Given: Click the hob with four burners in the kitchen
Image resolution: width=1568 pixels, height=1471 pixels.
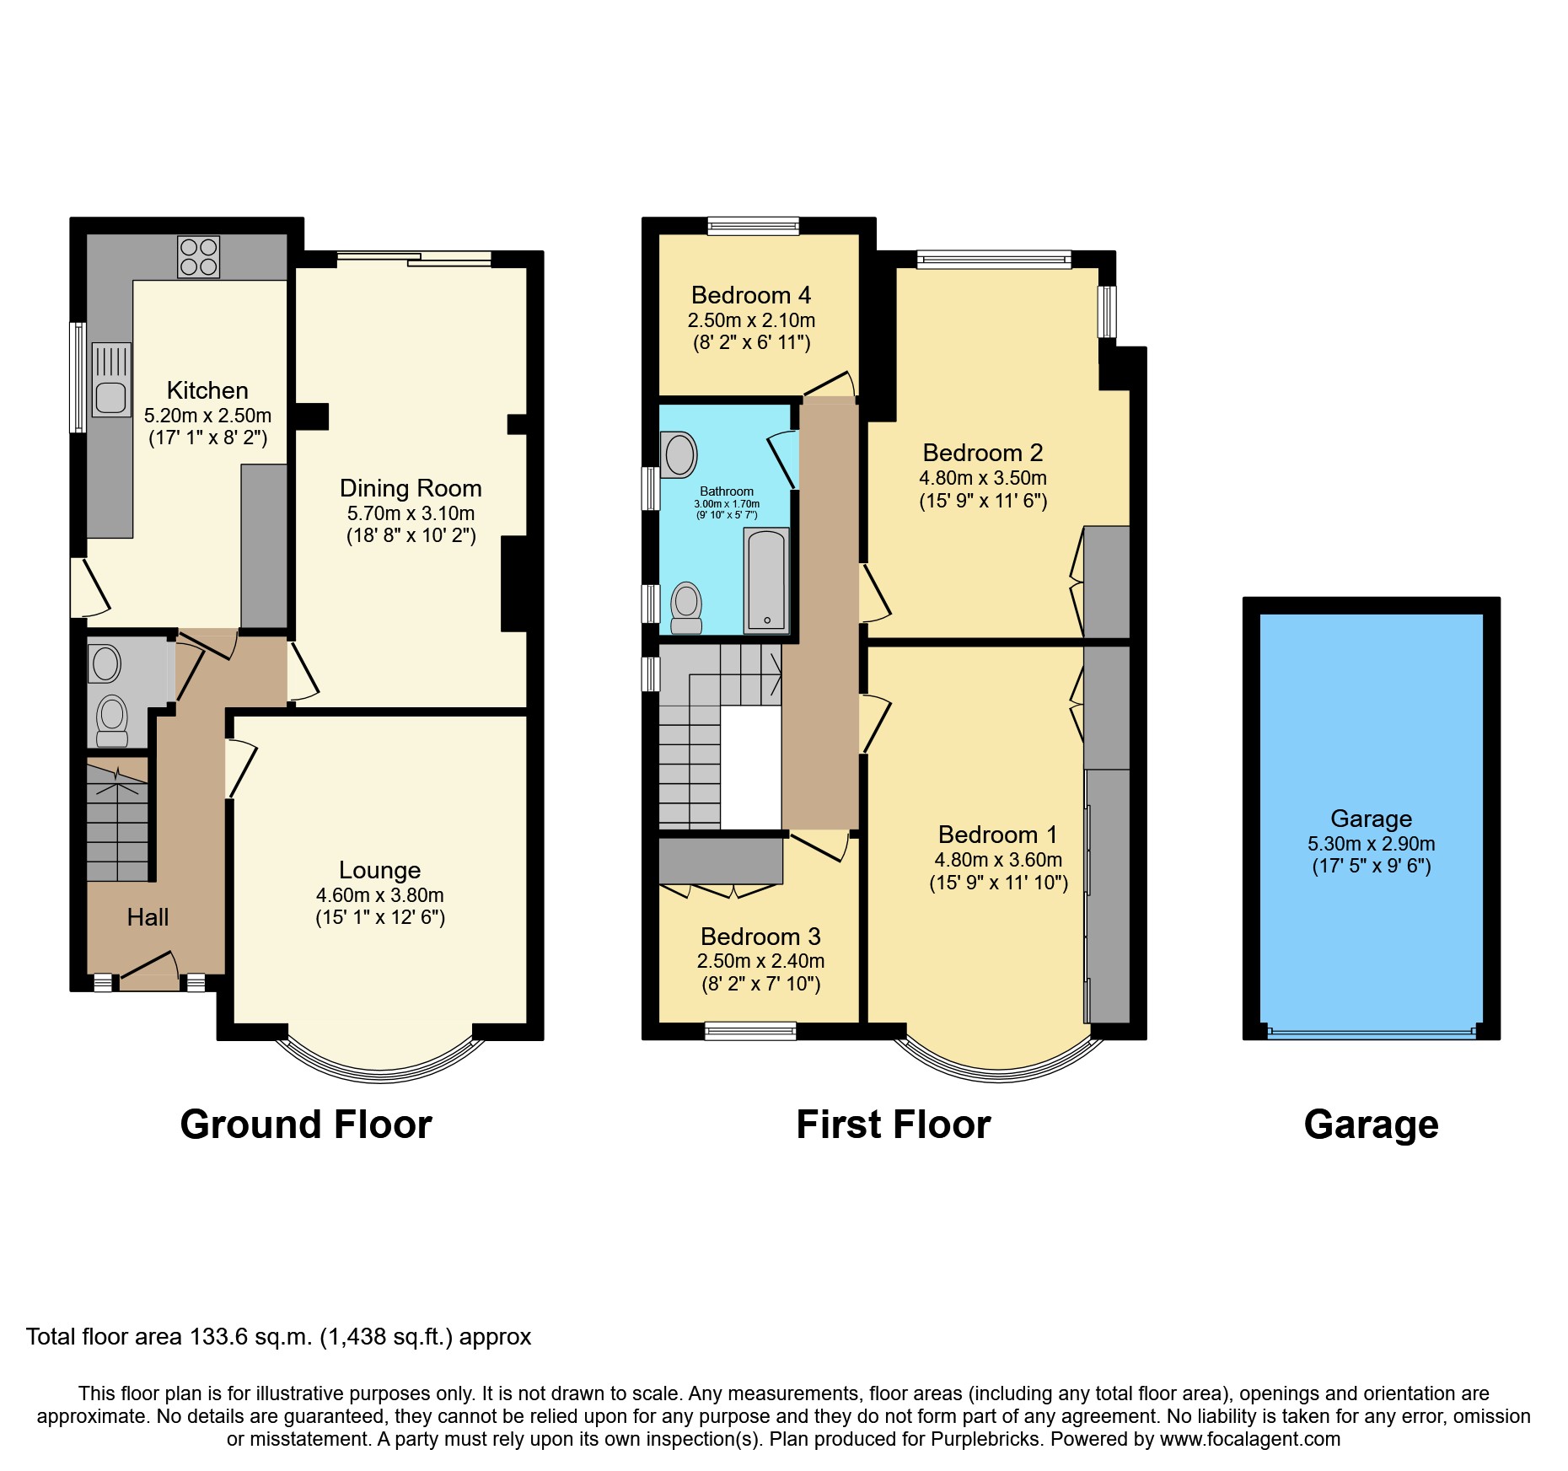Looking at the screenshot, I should pos(198,256).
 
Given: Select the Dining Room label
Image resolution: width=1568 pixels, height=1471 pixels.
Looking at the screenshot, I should pos(411,488).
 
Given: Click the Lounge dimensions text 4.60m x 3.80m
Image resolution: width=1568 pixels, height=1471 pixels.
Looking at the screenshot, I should pos(379,895).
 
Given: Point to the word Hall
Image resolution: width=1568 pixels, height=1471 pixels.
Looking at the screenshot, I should pos(148,917).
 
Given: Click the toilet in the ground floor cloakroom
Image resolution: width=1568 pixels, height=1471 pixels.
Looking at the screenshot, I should pos(112,720).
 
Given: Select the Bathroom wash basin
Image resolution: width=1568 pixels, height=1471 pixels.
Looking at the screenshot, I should pos(679,454).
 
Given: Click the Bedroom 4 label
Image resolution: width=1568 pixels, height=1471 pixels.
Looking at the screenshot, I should pos(750,295).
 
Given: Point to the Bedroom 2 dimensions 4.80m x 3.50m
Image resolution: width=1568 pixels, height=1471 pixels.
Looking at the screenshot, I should pos(982,478).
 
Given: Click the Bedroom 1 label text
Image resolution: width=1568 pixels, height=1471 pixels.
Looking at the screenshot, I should pos(997,835).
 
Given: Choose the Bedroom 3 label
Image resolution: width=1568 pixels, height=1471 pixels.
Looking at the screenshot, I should pos(760,937).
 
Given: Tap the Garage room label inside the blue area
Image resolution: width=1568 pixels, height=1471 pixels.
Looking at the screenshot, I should pos(1371,819).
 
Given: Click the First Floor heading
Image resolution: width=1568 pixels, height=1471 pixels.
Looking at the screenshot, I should pos(893,1125).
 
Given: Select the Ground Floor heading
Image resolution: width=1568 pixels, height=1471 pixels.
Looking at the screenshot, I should pos(306,1125).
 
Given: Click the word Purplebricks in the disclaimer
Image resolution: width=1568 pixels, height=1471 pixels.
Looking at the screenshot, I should pos(985,1439).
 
